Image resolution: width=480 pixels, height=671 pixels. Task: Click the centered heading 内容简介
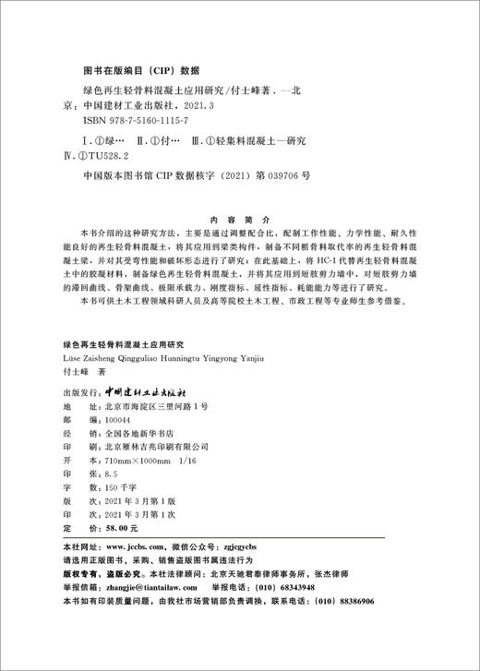pyautogui.click(x=239, y=209)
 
